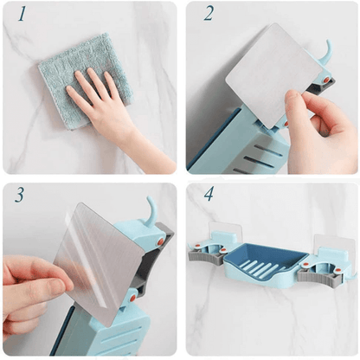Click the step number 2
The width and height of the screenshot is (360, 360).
(209, 14)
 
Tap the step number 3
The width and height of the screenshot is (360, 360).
(19, 196)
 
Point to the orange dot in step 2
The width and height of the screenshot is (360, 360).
(326, 80)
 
